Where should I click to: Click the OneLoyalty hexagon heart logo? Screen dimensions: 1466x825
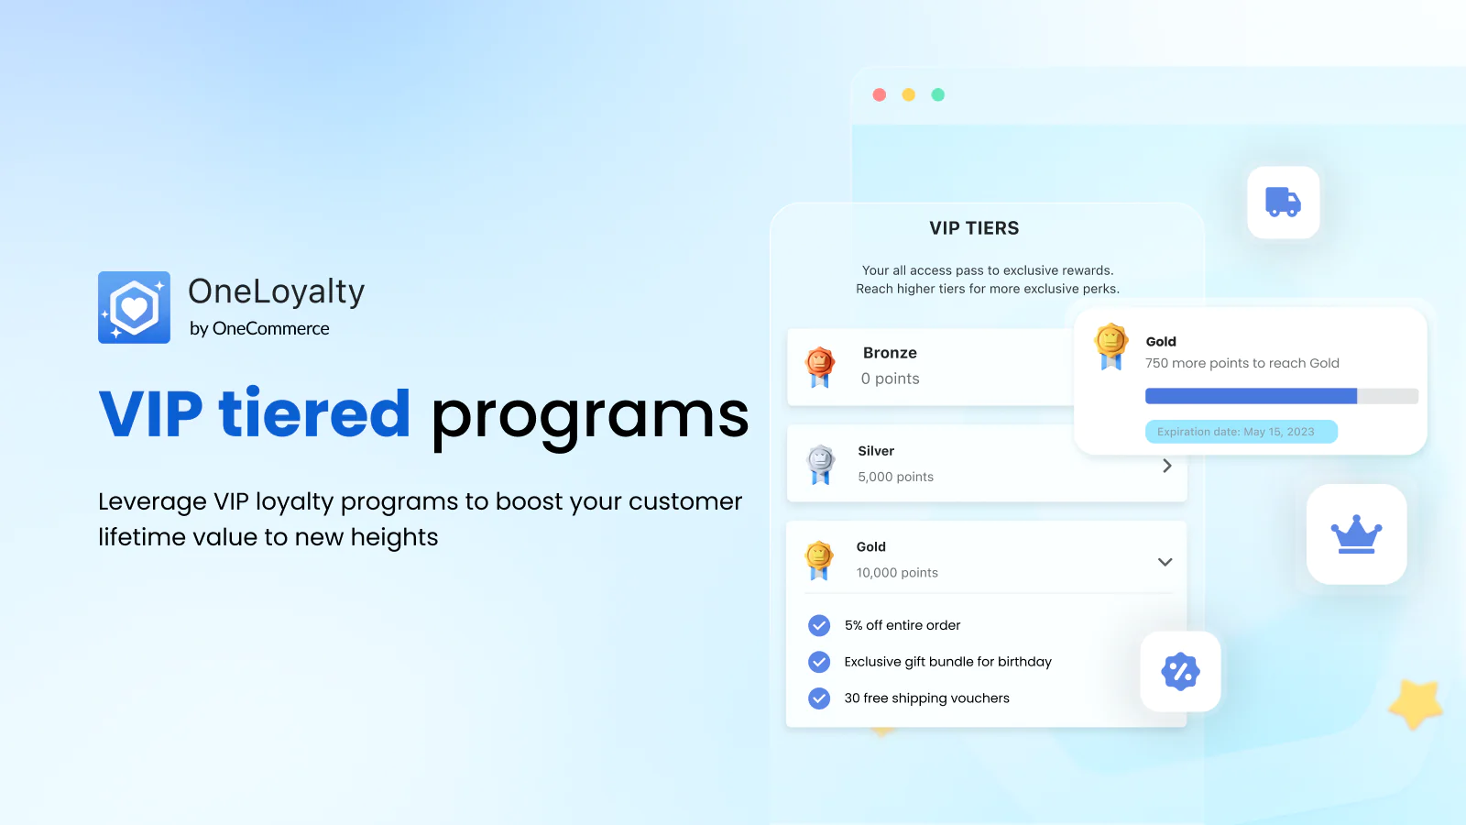coord(134,307)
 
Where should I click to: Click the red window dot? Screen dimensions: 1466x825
coord(880,95)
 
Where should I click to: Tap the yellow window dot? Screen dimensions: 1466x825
coord(908,95)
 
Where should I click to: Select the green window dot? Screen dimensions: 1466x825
coord(938,95)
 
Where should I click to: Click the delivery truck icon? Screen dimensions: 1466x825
coord(1283,202)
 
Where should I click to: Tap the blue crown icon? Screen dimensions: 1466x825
coord(1356,534)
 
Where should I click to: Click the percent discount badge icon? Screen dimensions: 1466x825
coord(1180,671)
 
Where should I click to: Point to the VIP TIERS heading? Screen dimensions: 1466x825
coord(974,228)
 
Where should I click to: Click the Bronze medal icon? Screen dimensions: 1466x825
coord(819,368)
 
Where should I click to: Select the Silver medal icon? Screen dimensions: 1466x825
coord(820,464)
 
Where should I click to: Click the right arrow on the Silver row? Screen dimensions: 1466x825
coord(1167,466)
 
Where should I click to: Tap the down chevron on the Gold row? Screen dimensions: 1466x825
coord(1165,562)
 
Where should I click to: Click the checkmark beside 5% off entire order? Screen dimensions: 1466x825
coord(819,625)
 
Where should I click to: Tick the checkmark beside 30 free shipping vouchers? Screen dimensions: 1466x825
coord(819,698)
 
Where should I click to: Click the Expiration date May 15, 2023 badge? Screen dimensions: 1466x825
coord(1241,432)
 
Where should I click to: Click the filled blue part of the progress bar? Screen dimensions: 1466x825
coord(1251,395)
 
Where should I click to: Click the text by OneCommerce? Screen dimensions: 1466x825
coord(259,328)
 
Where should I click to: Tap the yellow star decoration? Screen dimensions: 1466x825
coord(1417,703)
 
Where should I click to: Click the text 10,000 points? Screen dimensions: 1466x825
coord(897,572)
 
